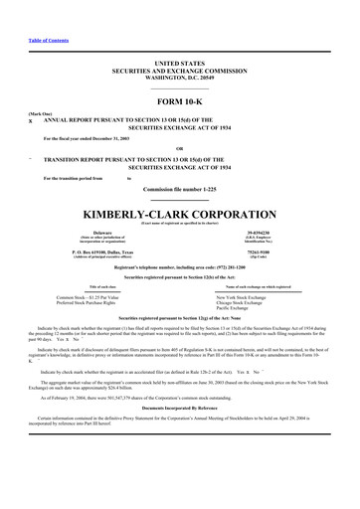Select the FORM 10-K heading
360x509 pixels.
click(179, 104)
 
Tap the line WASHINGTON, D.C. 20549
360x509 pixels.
click(180, 76)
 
